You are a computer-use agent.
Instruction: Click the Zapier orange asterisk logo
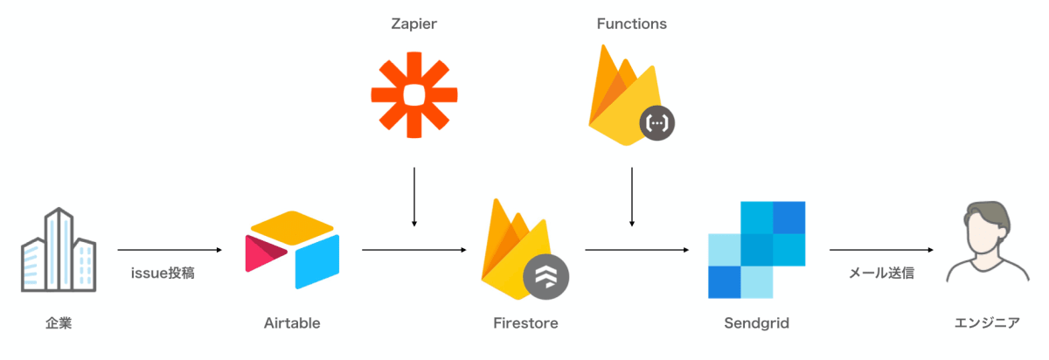click(414, 95)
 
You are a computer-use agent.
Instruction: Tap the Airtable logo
click(292, 250)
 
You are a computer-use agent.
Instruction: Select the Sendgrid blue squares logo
click(757, 250)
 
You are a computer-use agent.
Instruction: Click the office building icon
click(59, 250)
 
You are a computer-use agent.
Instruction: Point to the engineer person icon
click(987, 242)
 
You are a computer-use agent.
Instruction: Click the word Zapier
click(414, 24)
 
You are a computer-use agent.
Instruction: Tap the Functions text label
click(632, 24)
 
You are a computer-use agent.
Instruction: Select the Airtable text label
click(292, 323)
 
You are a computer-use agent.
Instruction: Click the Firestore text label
click(525, 323)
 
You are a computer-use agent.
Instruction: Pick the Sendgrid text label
click(757, 323)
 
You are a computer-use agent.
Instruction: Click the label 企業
click(59, 323)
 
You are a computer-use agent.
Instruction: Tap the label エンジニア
click(987, 323)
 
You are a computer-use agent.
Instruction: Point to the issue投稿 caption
click(163, 273)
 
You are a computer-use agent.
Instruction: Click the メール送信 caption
click(881, 273)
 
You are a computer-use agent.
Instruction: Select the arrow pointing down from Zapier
click(414, 197)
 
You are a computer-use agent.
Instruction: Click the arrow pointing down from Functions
click(632, 197)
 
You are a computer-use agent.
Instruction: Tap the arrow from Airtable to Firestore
click(414, 250)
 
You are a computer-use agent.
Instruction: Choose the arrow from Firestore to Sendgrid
click(637, 250)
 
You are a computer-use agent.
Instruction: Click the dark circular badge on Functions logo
click(657, 123)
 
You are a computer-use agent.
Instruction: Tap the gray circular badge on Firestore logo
click(546, 277)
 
